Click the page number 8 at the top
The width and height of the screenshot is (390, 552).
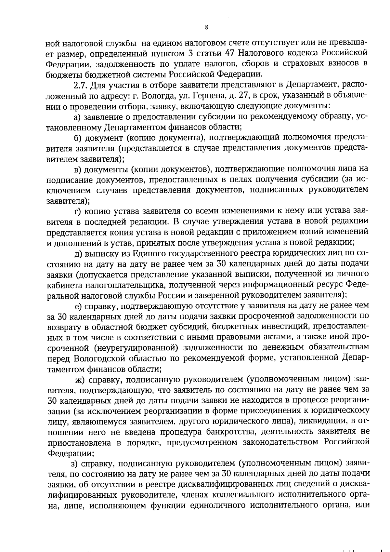click(x=207, y=28)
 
